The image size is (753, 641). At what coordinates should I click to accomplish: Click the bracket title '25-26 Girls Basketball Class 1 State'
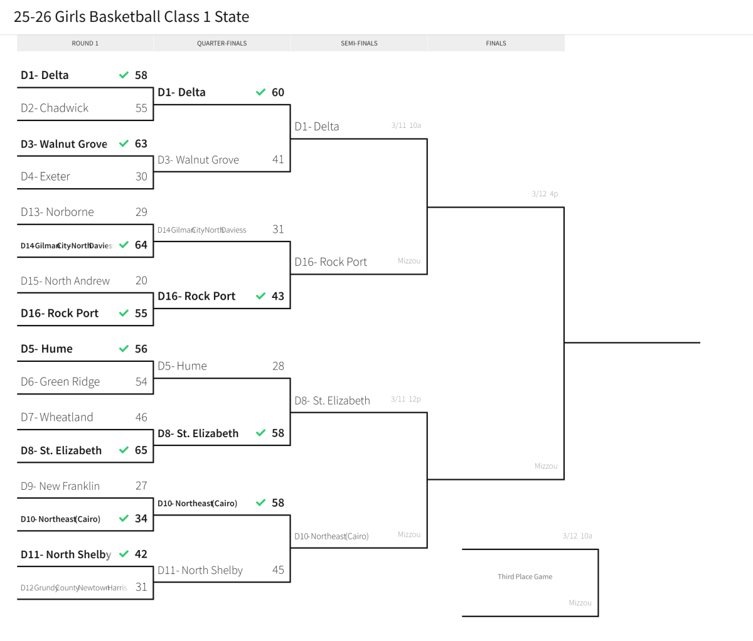[x=131, y=17]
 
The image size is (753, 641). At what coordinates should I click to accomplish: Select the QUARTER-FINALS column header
[x=222, y=43]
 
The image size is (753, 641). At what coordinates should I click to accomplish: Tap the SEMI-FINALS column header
[x=359, y=43]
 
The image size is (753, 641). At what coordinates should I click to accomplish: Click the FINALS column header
[x=496, y=43]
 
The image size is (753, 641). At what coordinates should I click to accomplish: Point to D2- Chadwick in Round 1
[x=55, y=108]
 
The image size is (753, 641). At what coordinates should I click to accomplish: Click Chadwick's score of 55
[x=141, y=108]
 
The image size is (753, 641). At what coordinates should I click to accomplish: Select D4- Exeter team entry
[x=45, y=176]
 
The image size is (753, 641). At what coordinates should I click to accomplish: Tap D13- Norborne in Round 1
[x=57, y=212]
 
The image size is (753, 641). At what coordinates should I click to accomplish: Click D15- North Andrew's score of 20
[x=141, y=280]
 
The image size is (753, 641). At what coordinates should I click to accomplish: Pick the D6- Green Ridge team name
[x=60, y=381]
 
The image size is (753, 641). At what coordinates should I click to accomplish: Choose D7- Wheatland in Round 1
[x=56, y=417]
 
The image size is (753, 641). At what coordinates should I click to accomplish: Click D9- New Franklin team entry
[x=60, y=486]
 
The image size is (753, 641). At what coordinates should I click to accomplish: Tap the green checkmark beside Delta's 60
[x=261, y=92]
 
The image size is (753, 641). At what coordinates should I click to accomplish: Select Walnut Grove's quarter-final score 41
[x=278, y=159]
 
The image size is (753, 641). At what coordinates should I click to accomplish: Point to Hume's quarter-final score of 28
[x=278, y=366]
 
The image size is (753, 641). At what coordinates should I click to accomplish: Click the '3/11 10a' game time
[x=406, y=125]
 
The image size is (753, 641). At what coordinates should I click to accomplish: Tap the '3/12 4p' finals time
[x=545, y=194]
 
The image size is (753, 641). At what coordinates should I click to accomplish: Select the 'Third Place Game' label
[x=525, y=576]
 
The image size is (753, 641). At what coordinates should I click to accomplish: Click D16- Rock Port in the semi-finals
[x=331, y=262]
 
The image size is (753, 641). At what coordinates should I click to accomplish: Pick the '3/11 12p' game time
[x=405, y=399]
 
